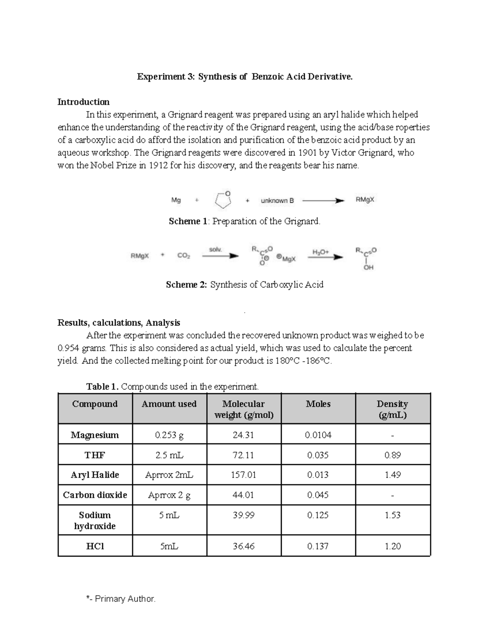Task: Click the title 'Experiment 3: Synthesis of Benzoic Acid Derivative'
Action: coord(244,77)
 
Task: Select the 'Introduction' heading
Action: coord(83,102)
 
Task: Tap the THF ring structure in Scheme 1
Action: coord(223,200)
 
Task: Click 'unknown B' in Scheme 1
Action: coord(277,200)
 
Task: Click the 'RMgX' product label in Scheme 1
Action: coord(365,200)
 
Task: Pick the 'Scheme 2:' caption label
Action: coord(187,285)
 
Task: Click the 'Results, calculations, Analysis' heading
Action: coord(119,323)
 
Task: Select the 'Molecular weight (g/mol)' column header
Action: coord(244,409)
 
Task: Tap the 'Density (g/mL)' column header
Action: coord(392,409)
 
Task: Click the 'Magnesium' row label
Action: coord(95,435)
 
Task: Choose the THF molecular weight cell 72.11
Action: coord(243,455)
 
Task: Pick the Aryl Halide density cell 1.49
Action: coord(392,475)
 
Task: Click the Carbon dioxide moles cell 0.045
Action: coord(318,495)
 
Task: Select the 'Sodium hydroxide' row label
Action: coord(95,521)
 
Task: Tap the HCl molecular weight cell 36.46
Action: coord(243,546)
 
